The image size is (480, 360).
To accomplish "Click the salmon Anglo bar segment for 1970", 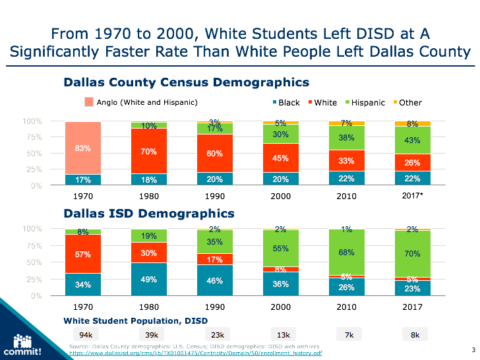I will pos(82,148).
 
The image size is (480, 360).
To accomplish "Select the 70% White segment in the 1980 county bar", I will pos(148,151).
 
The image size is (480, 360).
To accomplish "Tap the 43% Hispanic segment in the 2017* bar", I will pos(412,140).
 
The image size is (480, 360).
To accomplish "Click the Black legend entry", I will pos(285,103).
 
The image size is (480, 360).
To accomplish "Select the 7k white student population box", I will pos(349,335).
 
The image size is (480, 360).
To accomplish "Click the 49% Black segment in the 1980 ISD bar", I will pos(148,279).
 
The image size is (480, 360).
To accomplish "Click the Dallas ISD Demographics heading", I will pos(149,214).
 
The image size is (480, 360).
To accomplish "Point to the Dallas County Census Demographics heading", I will pos(187,82).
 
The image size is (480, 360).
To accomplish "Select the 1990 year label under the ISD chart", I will pos(214,307).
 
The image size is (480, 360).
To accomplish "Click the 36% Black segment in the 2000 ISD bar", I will pos(280,284).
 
